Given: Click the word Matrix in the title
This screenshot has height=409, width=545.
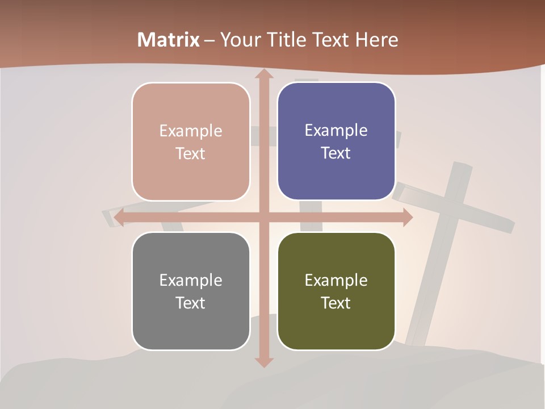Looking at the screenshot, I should click(169, 40).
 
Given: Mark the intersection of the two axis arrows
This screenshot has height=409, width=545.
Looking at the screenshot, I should click(263, 218).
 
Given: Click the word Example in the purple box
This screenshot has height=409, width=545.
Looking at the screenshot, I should click(336, 130).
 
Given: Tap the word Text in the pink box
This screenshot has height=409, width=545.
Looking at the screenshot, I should click(191, 153).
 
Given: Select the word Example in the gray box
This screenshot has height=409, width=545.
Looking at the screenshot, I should click(191, 280).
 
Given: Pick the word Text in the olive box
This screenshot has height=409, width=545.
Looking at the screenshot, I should click(336, 303).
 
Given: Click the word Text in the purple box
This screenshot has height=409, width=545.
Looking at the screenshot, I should click(336, 153).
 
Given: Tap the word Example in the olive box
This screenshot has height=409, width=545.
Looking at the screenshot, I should click(336, 280).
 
